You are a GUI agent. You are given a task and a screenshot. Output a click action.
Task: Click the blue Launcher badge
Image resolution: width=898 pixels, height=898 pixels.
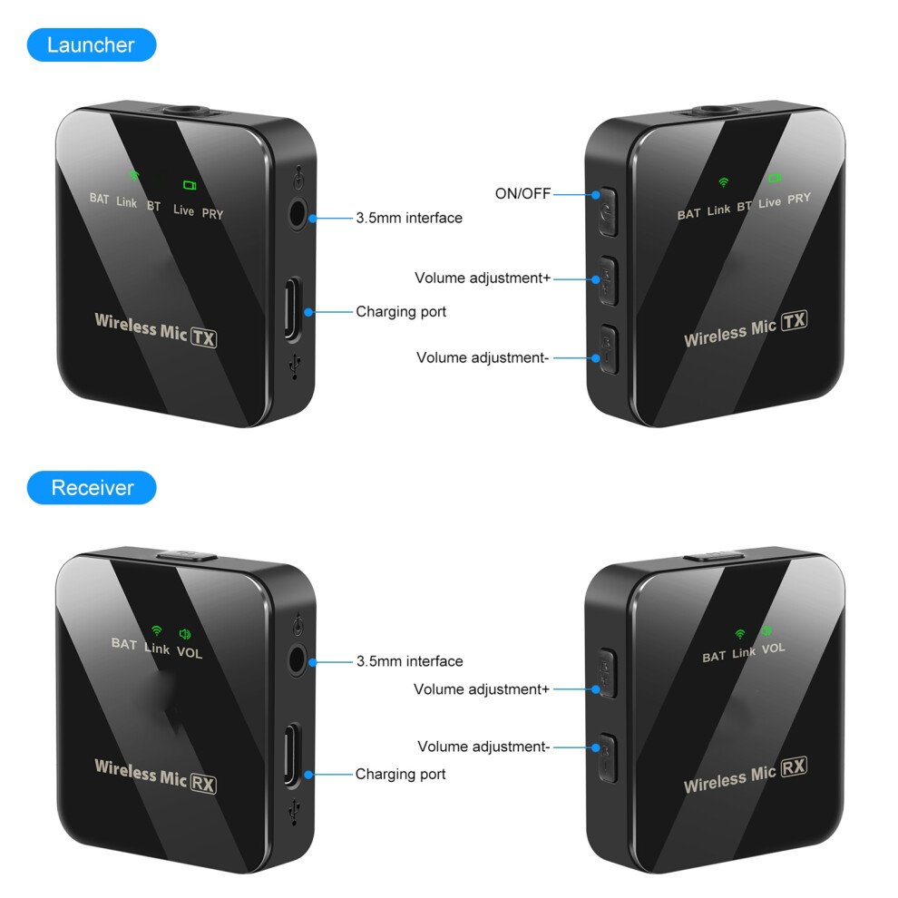pos(92,44)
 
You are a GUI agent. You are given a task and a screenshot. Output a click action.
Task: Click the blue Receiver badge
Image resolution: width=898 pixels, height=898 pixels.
pos(92,487)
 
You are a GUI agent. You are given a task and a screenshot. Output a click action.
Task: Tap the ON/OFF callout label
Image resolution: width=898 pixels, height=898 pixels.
pos(522,193)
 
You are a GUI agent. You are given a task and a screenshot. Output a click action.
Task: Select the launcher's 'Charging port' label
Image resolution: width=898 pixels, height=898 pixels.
pos(401,311)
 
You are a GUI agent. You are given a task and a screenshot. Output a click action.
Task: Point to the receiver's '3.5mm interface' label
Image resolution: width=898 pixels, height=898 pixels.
pos(409,661)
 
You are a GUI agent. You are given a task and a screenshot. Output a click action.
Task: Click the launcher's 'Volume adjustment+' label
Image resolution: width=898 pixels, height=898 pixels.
pos(483,278)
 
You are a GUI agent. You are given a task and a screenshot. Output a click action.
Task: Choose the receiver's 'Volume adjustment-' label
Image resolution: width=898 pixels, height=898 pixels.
pos(483,747)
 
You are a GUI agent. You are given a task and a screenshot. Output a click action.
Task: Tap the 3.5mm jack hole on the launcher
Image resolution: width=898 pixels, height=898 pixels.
pos(298,215)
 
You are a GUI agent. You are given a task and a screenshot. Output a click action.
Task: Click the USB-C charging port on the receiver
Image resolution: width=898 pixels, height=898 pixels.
pos(293,755)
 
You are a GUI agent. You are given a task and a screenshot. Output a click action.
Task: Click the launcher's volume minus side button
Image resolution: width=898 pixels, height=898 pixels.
pos(609,349)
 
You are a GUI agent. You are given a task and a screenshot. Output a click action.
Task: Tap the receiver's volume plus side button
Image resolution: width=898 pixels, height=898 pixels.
pos(607,673)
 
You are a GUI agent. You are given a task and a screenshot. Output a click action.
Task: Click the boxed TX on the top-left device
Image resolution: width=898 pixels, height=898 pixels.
pos(203,337)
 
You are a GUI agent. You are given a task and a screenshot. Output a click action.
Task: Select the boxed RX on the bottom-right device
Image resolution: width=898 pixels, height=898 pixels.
pos(794,766)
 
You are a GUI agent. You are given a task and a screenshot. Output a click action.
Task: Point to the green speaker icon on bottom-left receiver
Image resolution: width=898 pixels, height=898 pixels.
pos(185,634)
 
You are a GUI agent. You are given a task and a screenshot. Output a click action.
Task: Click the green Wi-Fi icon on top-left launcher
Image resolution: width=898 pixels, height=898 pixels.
pos(133,175)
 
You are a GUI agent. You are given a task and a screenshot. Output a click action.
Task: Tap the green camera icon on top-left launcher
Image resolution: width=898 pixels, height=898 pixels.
pos(190,185)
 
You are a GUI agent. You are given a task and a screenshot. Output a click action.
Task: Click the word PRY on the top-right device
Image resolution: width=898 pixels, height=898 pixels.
pos(799,199)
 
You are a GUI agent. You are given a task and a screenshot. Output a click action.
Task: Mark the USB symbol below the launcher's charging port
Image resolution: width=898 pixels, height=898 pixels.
pos(295,366)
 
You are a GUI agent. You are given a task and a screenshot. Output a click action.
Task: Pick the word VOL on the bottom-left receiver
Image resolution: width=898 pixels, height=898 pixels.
pos(189,652)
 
